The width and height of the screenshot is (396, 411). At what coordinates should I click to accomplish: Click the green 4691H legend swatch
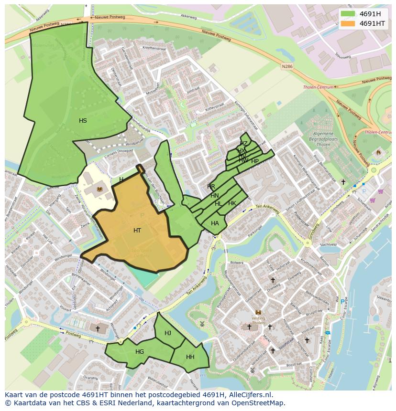pyautogui.click(x=348, y=14)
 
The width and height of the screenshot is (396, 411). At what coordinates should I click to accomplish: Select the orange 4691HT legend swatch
pyautogui.click(x=348, y=23)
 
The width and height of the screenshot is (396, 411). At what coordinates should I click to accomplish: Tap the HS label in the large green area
pyautogui.click(x=83, y=121)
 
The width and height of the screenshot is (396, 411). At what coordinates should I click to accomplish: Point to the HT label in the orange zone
pyautogui.click(x=137, y=231)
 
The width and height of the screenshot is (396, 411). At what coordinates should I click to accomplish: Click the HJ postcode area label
pyautogui.click(x=168, y=333)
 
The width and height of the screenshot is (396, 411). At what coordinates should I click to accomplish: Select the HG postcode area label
pyautogui.click(x=140, y=352)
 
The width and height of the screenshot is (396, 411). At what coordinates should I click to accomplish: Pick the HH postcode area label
pyautogui.click(x=190, y=357)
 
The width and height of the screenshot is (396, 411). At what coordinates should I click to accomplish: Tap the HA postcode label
pyautogui.click(x=215, y=223)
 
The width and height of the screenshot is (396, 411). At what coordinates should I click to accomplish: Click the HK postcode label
pyautogui.click(x=232, y=203)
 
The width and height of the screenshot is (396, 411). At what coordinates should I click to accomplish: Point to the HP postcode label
pyautogui.click(x=255, y=161)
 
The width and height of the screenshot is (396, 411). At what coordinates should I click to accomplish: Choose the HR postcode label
pyautogui.click(x=211, y=186)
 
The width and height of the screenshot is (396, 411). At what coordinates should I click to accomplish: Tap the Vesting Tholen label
pyautogui.click(x=258, y=319)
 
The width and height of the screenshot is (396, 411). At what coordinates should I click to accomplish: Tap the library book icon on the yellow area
pyautogui.click(x=99, y=190)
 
